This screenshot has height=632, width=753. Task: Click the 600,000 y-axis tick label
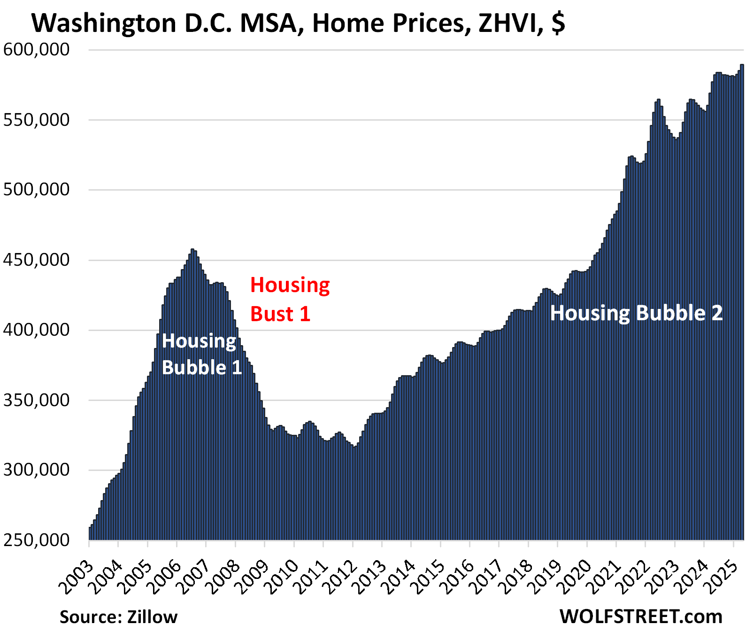pos(37,49)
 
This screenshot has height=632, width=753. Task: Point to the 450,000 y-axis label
pos(37,260)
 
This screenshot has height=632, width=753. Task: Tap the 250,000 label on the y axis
pos(37,540)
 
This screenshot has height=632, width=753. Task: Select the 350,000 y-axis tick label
pos(37,400)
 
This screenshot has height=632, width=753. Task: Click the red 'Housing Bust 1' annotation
pos(290,300)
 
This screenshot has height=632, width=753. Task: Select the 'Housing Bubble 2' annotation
pos(636,313)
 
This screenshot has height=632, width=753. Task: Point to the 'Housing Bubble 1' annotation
pos(201,354)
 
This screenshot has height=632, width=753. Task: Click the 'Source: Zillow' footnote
pos(118,617)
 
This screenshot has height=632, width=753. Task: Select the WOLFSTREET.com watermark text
pos(641,616)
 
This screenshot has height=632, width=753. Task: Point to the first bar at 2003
pos(90,533)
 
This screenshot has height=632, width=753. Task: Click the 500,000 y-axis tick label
pos(37,190)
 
